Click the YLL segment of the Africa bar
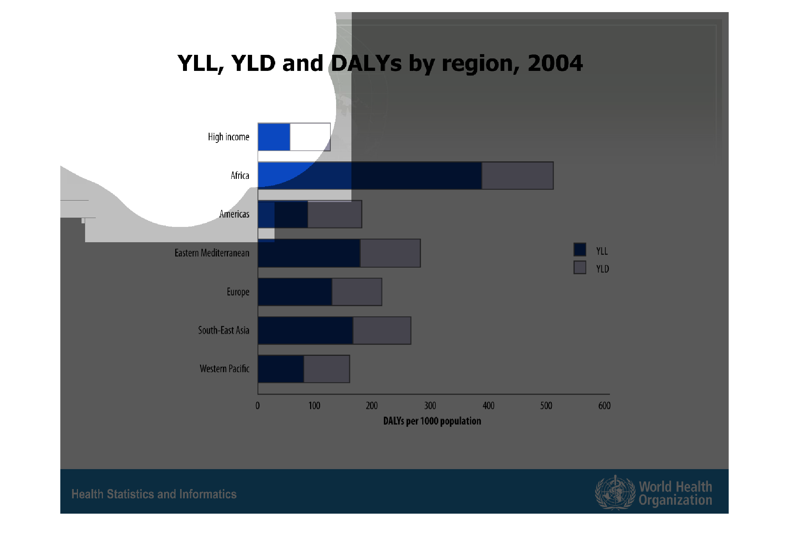[x=370, y=176]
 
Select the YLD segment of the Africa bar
[x=518, y=176]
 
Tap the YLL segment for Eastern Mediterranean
[x=309, y=253]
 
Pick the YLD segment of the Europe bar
[x=357, y=292]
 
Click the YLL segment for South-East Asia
[x=305, y=331]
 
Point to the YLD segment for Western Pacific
[x=327, y=369]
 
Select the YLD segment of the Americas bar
[x=335, y=214]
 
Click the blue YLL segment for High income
[x=274, y=137]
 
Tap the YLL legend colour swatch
[x=580, y=249]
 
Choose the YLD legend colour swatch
[x=580, y=268]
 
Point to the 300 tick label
[x=430, y=406]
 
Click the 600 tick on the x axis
[x=605, y=406]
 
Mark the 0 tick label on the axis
[x=258, y=406]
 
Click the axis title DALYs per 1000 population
[x=432, y=421]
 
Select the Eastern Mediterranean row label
[x=212, y=253]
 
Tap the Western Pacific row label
[x=225, y=369]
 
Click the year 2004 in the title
[x=555, y=63]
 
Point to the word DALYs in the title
[x=366, y=63]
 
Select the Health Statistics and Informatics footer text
[x=154, y=494]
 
